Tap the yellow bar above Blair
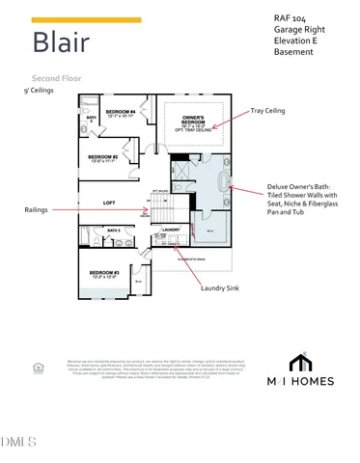(86, 19)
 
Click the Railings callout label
(40, 209)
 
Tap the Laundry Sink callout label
(221, 287)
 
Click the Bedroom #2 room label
(102, 157)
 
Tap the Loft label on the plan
(110, 203)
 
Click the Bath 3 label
(113, 231)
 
